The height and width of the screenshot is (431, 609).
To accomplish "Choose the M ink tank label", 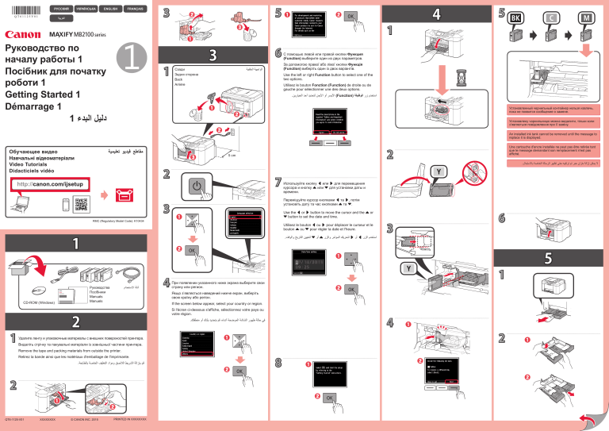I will [589, 17].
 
